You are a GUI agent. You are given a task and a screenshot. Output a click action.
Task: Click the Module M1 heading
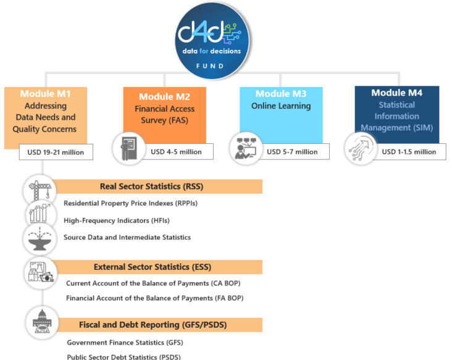point(46,94)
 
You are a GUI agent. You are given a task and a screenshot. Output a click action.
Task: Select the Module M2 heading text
point(164,97)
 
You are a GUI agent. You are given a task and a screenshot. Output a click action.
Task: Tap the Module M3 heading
point(281,94)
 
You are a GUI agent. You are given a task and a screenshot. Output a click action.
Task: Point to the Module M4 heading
point(397,93)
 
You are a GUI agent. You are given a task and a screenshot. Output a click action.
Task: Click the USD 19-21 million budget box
point(56,152)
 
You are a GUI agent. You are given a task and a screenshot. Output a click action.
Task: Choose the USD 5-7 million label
point(292,151)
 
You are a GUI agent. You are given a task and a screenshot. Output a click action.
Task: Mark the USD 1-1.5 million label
point(409,151)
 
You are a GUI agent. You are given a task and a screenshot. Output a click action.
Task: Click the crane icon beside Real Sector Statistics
point(39,190)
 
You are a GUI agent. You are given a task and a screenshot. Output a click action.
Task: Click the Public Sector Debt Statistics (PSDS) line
point(123,356)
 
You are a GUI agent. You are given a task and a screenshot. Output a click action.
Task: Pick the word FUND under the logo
point(212,65)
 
